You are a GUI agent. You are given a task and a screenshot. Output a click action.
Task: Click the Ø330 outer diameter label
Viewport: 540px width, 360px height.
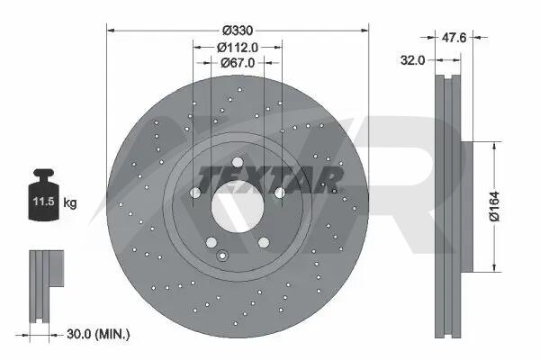point(238,31)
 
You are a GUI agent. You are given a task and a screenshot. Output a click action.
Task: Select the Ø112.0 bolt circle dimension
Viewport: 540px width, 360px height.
point(238,47)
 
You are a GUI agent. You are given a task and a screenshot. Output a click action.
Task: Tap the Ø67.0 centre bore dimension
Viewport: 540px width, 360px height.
point(238,63)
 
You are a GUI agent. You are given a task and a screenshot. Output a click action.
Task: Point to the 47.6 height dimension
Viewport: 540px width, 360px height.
point(454,37)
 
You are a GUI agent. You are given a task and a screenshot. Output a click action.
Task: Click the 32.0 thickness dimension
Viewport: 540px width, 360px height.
point(412,60)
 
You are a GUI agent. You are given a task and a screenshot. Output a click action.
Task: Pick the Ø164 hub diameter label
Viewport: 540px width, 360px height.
point(494,206)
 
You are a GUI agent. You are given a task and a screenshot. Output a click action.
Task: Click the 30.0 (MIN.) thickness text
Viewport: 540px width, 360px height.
point(98,334)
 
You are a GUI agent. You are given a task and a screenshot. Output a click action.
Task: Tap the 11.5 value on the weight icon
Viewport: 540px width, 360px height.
point(44,202)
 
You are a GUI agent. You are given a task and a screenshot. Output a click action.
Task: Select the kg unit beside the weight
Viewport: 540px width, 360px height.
point(70,202)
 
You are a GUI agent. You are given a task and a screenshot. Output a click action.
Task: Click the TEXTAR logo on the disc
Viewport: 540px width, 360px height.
point(270,179)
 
